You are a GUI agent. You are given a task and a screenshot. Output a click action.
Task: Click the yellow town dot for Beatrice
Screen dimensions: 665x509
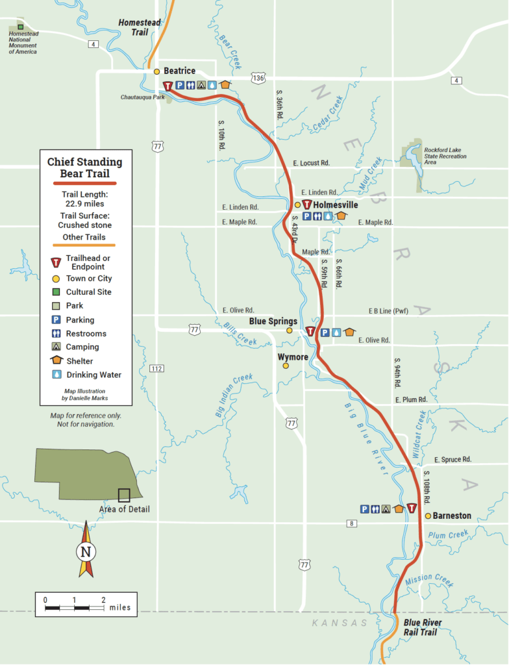click(x=156, y=71)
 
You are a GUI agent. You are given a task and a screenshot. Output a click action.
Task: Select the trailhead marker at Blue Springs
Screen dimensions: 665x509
click(x=310, y=332)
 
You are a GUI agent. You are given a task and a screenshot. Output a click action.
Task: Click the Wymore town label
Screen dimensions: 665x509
click(x=293, y=357)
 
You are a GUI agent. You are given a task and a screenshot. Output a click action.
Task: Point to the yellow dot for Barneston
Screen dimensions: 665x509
click(x=428, y=516)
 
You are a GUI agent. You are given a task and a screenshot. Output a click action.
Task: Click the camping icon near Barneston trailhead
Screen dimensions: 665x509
click(x=387, y=509)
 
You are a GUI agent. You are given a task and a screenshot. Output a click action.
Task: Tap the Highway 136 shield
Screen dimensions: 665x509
click(x=259, y=78)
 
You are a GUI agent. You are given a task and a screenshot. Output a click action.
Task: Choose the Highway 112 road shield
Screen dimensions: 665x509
click(x=156, y=368)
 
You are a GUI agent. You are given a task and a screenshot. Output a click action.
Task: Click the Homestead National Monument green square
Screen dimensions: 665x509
click(x=21, y=27)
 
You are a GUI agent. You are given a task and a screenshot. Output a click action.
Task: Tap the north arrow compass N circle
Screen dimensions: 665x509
click(x=85, y=553)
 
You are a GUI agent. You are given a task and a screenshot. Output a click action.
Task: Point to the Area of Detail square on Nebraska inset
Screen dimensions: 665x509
click(x=123, y=495)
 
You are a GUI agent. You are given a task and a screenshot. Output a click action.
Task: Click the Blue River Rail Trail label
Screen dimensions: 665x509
click(x=423, y=627)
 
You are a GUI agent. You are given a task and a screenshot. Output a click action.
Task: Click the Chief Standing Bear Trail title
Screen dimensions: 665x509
click(x=84, y=168)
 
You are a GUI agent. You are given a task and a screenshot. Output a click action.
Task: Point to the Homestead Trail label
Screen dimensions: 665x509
click(x=138, y=26)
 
